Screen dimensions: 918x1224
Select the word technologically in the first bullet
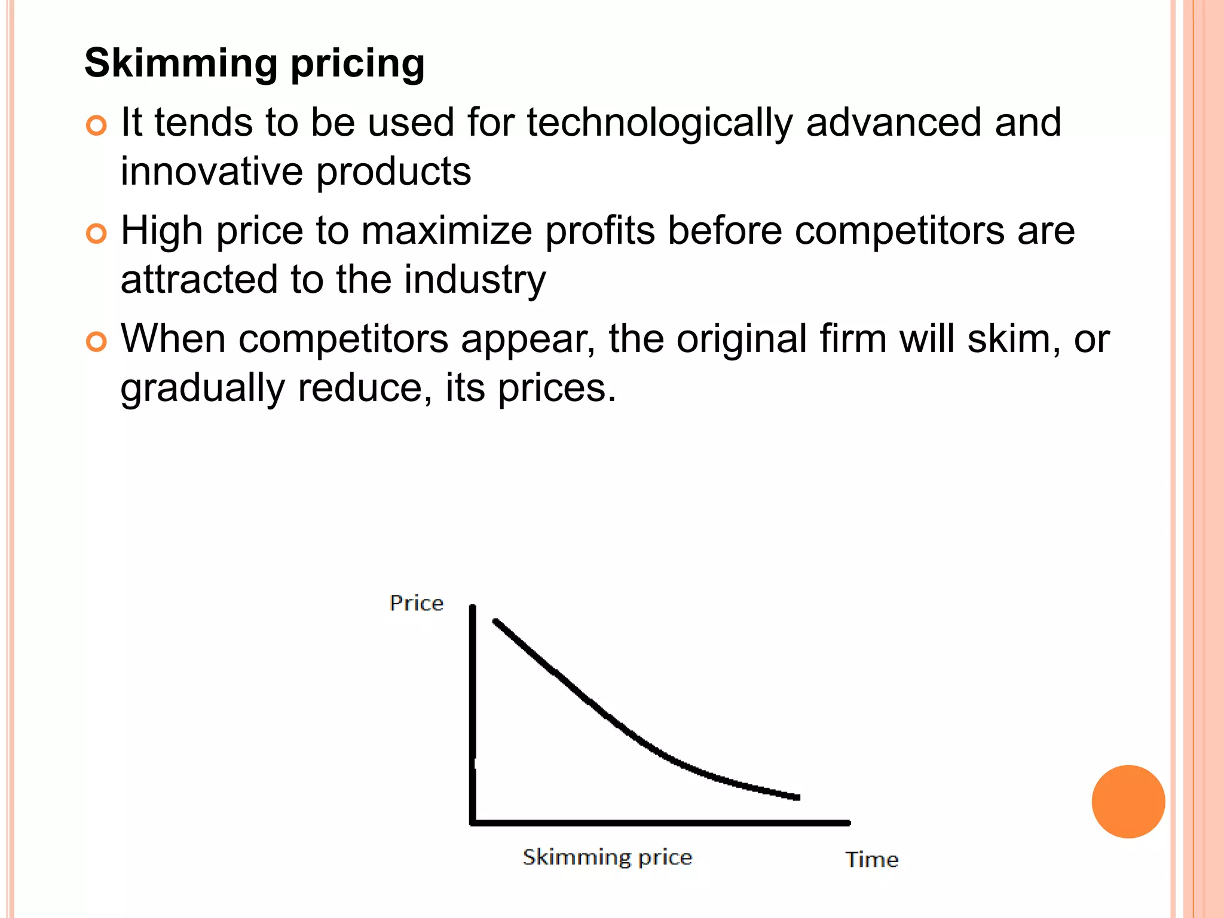[659, 123]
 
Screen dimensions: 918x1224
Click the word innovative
[212, 172]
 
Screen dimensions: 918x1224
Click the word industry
[475, 280]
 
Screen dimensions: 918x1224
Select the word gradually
[203, 388]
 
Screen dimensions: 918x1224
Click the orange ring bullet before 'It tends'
[96, 126]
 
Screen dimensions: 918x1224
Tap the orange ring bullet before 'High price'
[96, 234]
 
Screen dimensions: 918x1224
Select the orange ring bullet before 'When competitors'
[96, 342]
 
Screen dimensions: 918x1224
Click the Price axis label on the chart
[417, 603]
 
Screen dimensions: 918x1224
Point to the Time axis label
[871, 859]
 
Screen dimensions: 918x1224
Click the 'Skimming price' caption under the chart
[607, 857]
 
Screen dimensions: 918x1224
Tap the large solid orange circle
[1128, 801]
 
